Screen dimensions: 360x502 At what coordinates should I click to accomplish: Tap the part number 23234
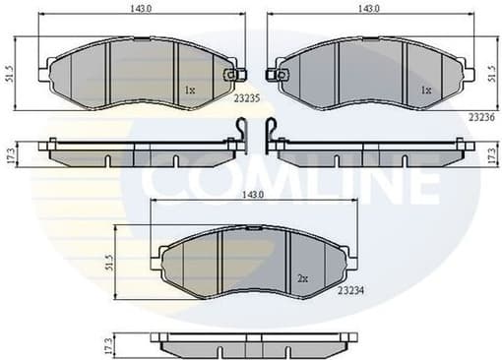pos(351,289)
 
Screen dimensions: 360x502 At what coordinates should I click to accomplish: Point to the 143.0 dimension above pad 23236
pos(369,10)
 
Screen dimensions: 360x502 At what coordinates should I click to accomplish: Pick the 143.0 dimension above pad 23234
pos(253,196)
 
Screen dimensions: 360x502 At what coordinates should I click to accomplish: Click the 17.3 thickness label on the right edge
pos(491,154)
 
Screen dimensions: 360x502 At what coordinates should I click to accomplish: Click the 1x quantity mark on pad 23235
pos(190,91)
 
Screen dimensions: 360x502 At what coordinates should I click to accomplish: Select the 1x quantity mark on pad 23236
pos(425,90)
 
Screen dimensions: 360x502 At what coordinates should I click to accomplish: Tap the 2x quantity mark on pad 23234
pos(302,279)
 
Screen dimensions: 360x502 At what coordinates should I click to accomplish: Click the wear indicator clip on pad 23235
pos(231,74)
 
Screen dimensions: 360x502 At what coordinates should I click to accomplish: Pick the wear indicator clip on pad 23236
pos(281,74)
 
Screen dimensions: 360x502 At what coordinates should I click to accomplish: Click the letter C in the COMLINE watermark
pos(161,183)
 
